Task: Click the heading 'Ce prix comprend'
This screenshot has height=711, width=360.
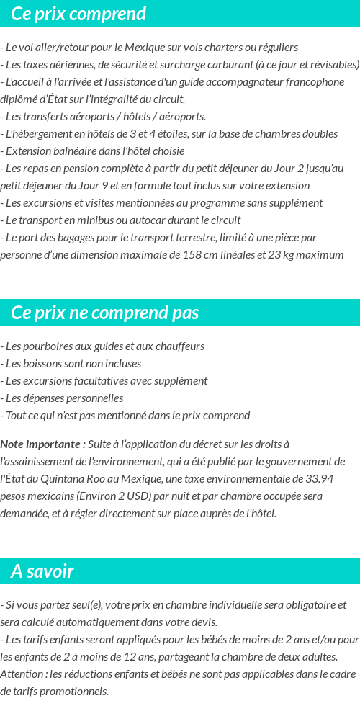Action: [78, 14]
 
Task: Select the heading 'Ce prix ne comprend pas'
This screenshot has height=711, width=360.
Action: [105, 313]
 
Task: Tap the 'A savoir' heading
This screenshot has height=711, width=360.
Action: [42, 571]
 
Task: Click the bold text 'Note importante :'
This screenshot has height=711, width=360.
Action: [43, 444]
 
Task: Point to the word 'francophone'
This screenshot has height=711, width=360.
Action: [315, 81]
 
